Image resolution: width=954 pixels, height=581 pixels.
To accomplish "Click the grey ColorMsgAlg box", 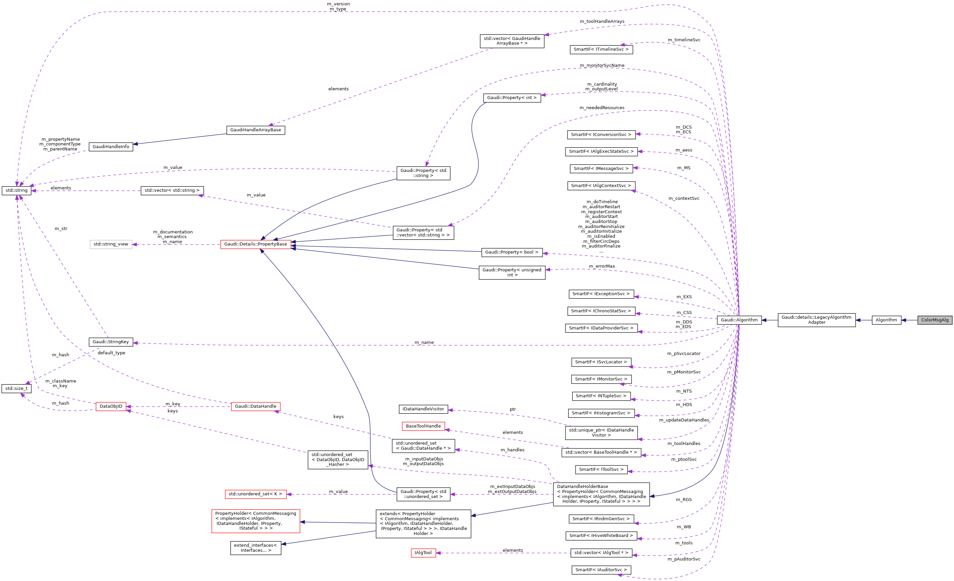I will tap(934, 320).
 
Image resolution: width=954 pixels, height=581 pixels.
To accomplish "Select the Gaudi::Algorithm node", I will tap(739, 320).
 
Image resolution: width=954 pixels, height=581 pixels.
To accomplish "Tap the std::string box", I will tap(16, 190).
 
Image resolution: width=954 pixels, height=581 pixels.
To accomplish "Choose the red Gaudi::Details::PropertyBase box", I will tap(256, 244).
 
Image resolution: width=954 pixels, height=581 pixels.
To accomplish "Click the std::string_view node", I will tap(111, 244).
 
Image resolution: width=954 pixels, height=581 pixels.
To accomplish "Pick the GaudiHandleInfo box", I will tap(111, 147).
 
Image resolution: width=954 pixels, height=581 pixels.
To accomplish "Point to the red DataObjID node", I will tap(111, 406).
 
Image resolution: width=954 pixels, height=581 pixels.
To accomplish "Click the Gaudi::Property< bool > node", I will tap(511, 252).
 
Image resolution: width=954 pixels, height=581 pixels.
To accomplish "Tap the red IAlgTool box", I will tap(423, 553).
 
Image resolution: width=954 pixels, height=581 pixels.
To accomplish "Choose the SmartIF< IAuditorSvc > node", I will tap(601, 570).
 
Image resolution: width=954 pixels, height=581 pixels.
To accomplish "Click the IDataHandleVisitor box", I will tap(423, 409).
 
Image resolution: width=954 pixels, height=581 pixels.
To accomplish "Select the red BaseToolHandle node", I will tap(423, 426).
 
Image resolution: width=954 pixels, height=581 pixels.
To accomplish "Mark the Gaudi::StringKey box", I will tap(111, 342).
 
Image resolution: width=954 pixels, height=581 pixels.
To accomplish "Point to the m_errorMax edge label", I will tap(602, 266).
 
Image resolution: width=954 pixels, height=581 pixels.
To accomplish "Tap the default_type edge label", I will tap(111, 353).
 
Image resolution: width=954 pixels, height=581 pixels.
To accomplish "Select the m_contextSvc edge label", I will tap(684, 198).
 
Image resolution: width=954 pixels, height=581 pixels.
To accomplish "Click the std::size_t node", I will tap(16, 389).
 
